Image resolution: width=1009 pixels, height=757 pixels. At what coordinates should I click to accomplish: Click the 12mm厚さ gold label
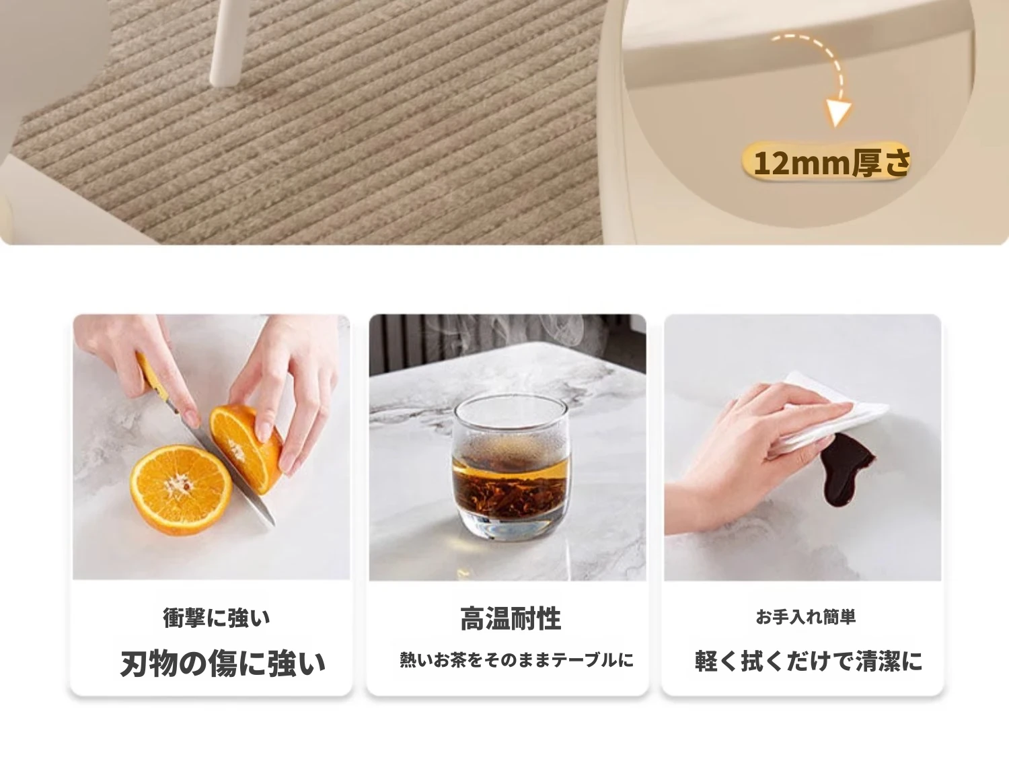point(826,161)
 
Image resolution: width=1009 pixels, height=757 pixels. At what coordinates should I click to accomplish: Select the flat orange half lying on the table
point(181,490)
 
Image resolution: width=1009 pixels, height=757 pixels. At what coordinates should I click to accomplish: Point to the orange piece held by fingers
point(246,448)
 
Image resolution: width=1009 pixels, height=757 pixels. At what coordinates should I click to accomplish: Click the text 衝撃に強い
point(217,618)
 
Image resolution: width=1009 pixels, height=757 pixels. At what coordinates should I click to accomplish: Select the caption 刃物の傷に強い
point(223,663)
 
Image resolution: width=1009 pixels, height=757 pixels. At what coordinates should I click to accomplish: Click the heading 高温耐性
point(511,618)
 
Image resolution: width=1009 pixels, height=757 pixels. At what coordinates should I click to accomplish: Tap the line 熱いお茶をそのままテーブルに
point(517,660)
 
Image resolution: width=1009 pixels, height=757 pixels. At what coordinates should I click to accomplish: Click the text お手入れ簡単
point(806,617)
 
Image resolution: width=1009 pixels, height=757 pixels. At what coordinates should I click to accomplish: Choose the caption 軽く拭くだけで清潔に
point(809,661)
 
